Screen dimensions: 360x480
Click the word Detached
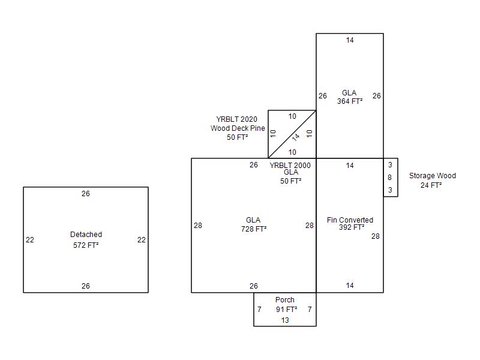click(x=86, y=235)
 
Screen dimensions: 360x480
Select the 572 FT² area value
click(x=86, y=245)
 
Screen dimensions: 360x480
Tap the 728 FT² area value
click(x=253, y=229)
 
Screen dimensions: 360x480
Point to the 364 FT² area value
click(x=349, y=101)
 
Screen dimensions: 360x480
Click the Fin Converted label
click(x=350, y=220)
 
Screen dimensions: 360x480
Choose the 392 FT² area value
click(x=352, y=227)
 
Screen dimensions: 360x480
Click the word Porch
click(x=285, y=300)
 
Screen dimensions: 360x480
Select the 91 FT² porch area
click(x=286, y=310)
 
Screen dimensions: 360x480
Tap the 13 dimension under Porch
click(x=285, y=320)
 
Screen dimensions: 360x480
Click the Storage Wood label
click(x=432, y=176)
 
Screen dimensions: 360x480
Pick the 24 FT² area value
click(x=431, y=185)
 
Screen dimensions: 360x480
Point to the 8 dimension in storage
click(x=389, y=178)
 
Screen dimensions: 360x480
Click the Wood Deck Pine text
click(x=238, y=128)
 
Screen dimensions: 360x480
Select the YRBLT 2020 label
click(x=236, y=119)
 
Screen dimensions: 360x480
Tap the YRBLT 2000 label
click(x=290, y=166)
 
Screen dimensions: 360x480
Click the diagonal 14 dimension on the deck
click(x=296, y=137)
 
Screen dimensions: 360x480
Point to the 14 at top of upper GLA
click(x=350, y=40)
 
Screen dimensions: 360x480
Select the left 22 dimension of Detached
click(x=30, y=240)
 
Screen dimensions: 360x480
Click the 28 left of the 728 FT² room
click(x=198, y=226)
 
